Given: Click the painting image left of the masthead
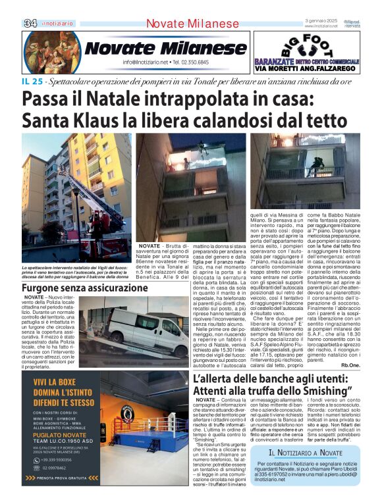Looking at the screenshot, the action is tap(52, 52).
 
